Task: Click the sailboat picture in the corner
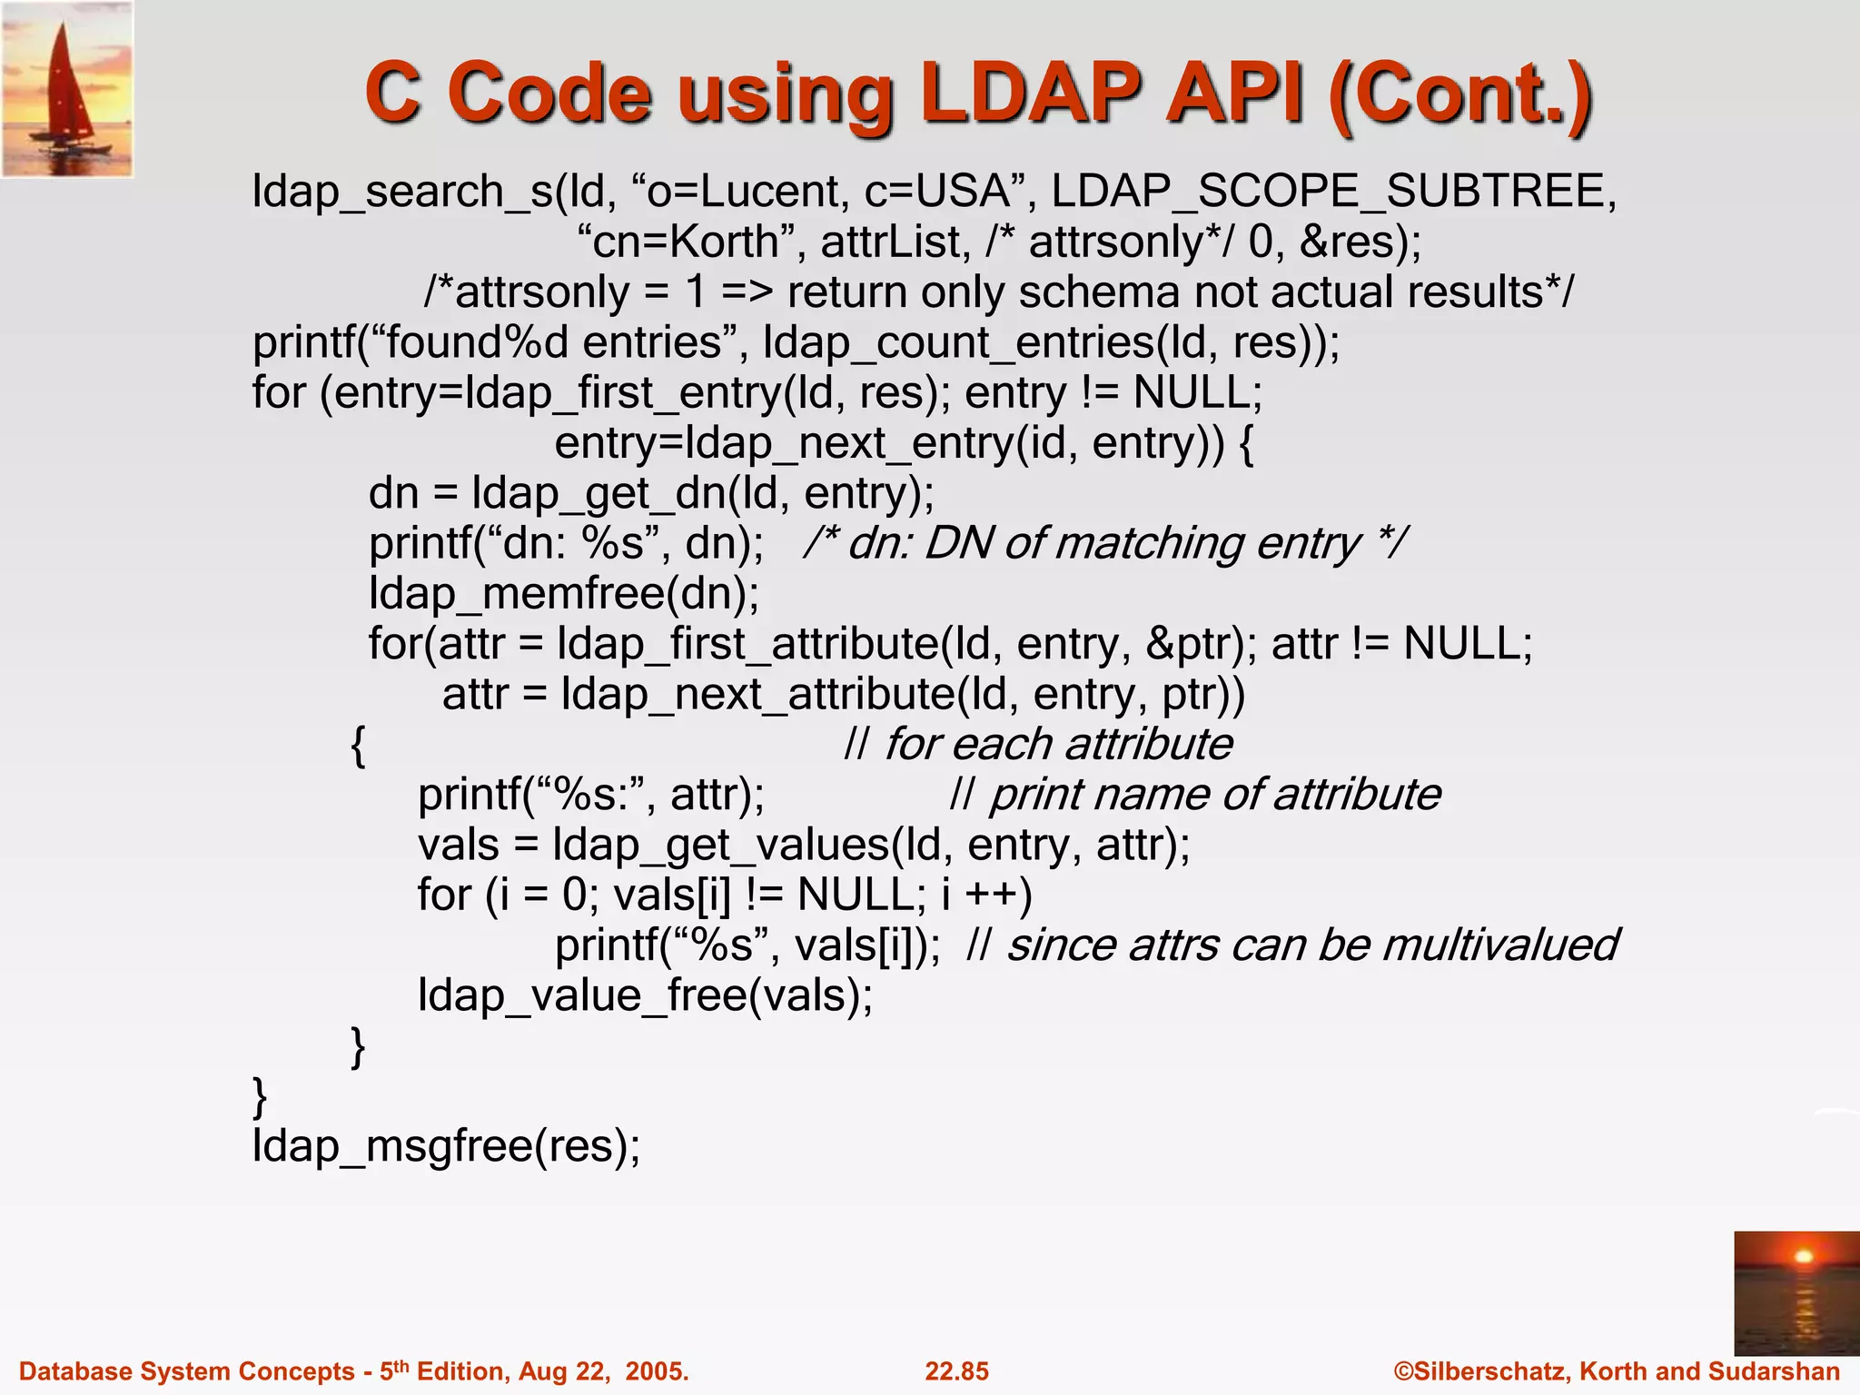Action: click(67, 89)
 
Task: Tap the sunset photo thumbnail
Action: click(1796, 1292)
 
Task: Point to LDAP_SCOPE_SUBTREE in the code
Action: click(1334, 192)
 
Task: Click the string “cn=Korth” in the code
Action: click(691, 242)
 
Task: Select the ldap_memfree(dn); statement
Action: click(564, 595)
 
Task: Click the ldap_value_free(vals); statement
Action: click(645, 996)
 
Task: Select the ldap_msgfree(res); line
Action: click(446, 1146)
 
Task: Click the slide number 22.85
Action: click(956, 1371)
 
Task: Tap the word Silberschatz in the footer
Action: click(1490, 1371)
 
